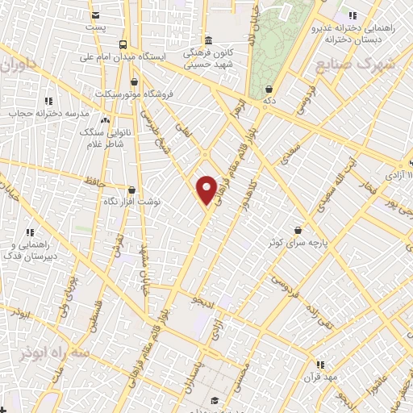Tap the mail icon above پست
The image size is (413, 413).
click(96, 15)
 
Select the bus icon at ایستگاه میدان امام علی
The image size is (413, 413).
click(122, 44)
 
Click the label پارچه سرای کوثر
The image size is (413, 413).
click(298, 242)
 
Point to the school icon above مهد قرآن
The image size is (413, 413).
click(320, 365)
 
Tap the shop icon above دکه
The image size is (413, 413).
click(268, 90)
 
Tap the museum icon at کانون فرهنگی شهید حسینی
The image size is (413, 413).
click(208, 40)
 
